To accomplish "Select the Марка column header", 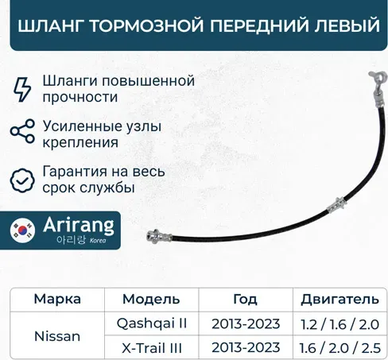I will coord(57,299).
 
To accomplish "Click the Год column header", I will coord(245,299).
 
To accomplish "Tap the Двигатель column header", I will coord(334,299).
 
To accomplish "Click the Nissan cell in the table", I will coord(57,336).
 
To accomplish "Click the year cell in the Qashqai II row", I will coord(245,324).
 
